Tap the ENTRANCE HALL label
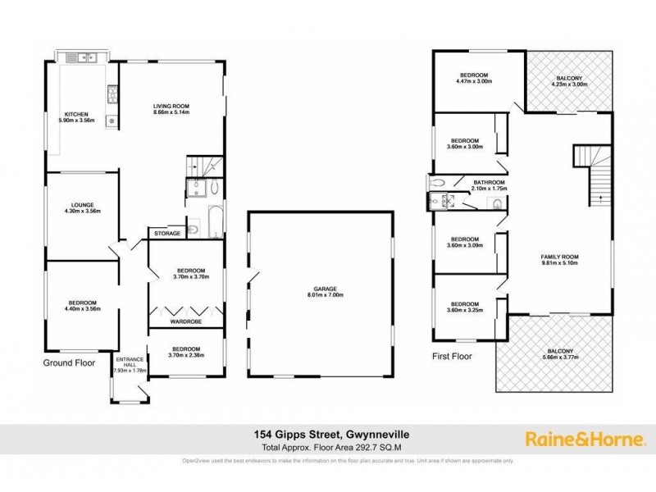(129, 363)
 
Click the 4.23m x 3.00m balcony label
(569, 80)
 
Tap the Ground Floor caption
(70, 362)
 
